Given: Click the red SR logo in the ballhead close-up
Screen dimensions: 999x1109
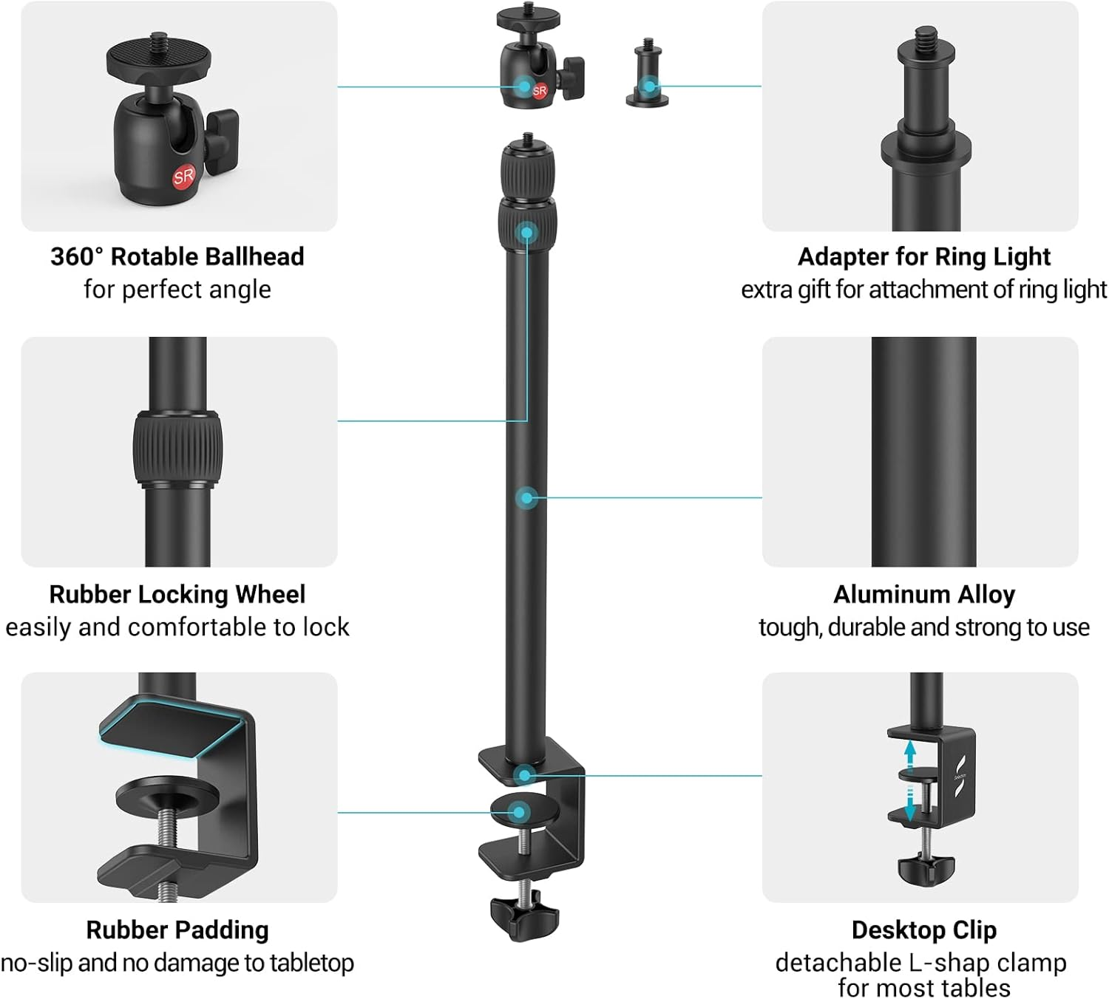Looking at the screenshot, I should (x=183, y=177).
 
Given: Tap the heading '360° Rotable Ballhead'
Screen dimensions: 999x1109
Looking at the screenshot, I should (x=177, y=256).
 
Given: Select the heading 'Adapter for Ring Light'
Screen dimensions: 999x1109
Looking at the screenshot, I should (x=923, y=256).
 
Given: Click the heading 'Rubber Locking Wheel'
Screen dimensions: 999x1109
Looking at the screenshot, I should (x=177, y=594).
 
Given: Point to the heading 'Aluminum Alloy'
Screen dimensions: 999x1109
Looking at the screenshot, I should (x=924, y=594).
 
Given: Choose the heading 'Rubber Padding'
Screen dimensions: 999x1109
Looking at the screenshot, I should (x=177, y=930).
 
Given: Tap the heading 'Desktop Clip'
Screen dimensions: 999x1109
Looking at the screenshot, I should (x=923, y=930).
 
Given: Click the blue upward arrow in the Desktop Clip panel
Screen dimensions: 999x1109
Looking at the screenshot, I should (x=910, y=756).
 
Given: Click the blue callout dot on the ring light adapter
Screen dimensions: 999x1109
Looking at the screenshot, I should (x=648, y=86).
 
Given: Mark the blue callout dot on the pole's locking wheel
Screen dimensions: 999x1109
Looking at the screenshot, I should (x=526, y=233).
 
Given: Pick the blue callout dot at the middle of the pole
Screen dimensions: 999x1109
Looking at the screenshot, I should (x=526, y=497).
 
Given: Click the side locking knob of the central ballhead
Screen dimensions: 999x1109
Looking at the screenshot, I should (x=572, y=78).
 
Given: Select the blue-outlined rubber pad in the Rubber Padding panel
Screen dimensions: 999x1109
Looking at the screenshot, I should (x=174, y=728).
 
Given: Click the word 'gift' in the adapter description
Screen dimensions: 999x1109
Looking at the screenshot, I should (x=815, y=290).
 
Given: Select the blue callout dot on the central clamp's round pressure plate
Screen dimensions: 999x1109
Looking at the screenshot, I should (x=520, y=812).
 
